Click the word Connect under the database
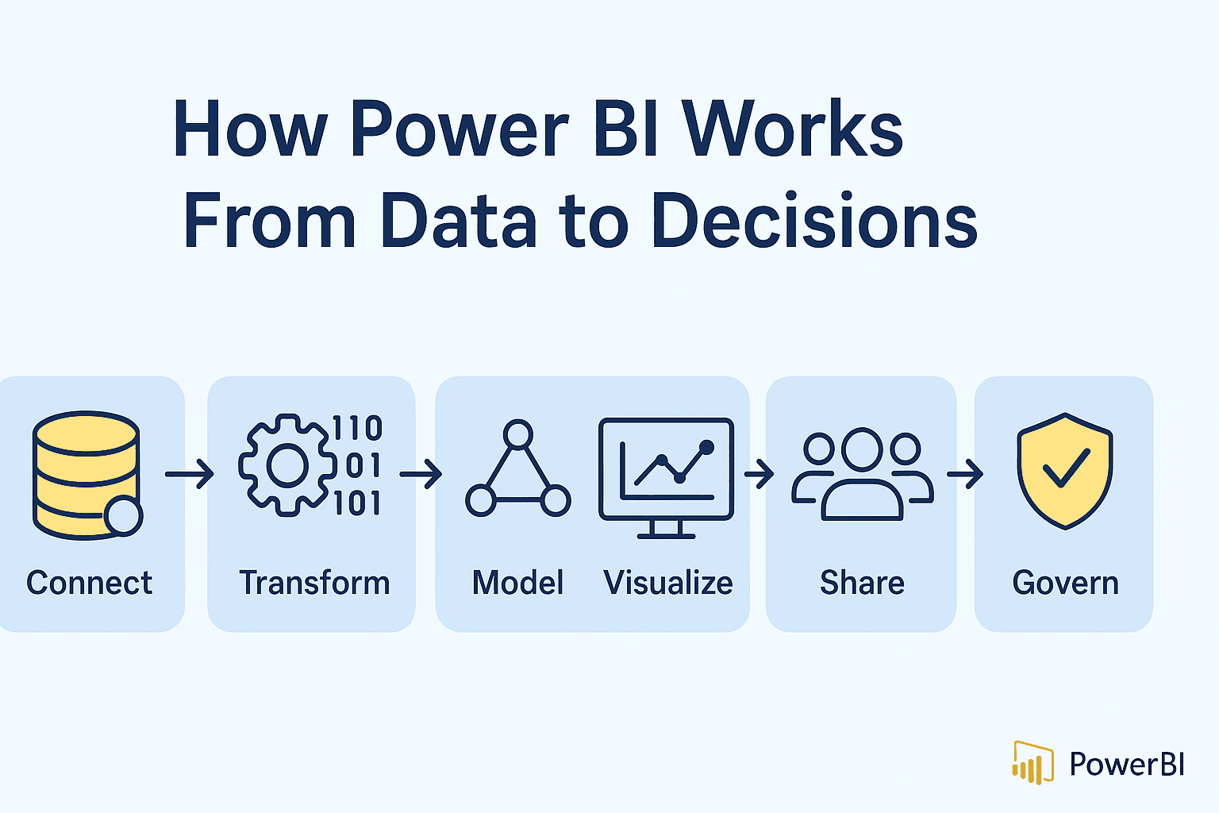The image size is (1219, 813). pyautogui.click(x=89, y=583)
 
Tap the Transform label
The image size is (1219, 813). pyautogui.click(x=314, y=583)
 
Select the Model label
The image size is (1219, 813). pyautogui.click(x=517, y=583)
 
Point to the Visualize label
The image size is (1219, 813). pyautogui.click(x=667, y=583)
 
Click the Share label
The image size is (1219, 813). pyautogui.click(x=862, y=583)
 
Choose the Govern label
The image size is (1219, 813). pyautogui.click(x=1065, y=583)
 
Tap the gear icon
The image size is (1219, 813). pyautogui.click(x=286, y=466)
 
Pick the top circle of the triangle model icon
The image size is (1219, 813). pyautogui.click(x=517, y=434)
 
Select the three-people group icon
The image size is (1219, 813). pyautogui.click(x=862, y=474)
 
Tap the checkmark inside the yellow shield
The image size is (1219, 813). pyautogui.click(x=1066, y=468)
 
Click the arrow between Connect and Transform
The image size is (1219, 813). pyautogui.click(x=190, y=475)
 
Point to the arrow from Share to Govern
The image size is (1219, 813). pyautogui.click(x=964, y=475)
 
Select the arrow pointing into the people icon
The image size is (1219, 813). pyautogui.click(x=759, y=475)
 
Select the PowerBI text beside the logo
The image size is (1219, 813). pyautogui.click(x=1126, y=764)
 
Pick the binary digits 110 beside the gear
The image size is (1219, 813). pyautogui.click(x=357, y=429)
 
